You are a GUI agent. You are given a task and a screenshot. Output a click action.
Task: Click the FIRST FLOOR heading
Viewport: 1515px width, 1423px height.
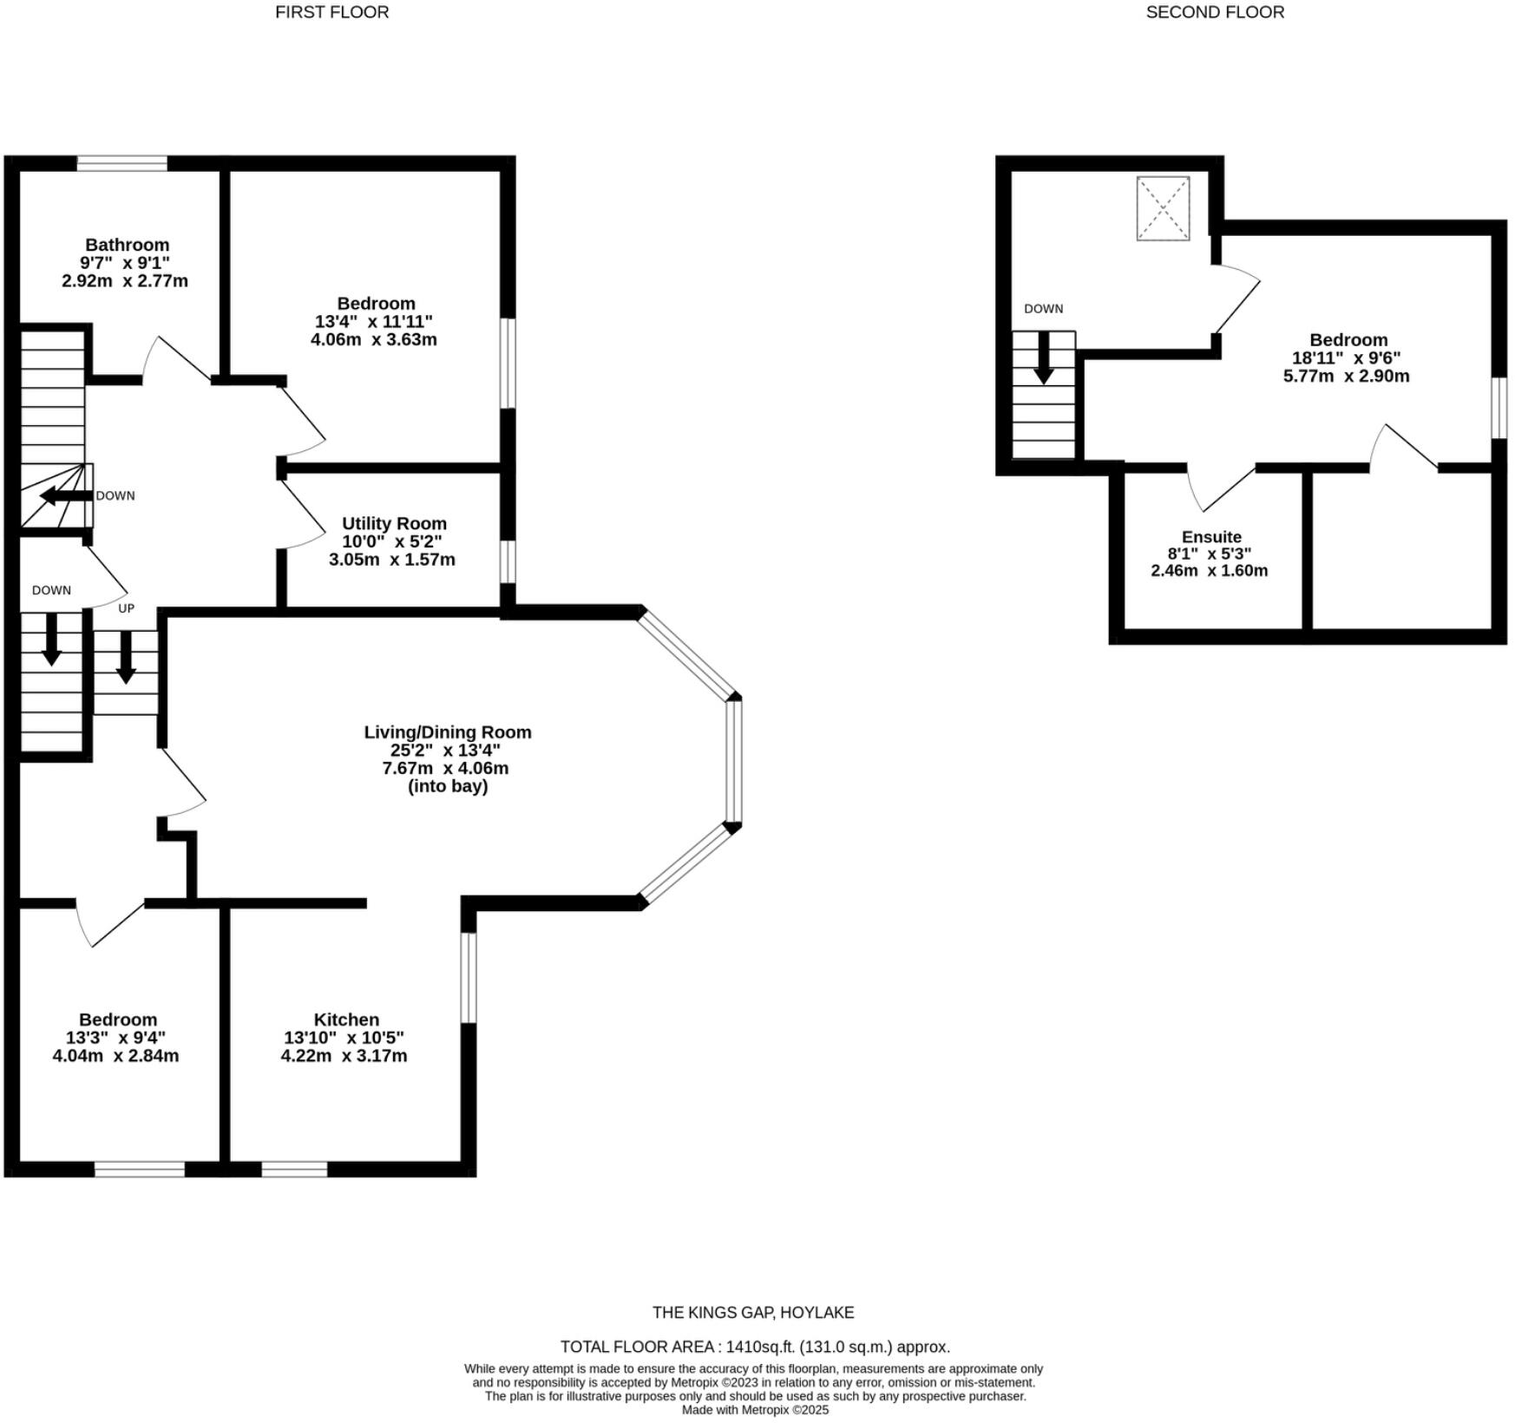click(331, 12)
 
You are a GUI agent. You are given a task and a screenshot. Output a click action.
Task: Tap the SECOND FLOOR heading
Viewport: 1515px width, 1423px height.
click(1214, 12)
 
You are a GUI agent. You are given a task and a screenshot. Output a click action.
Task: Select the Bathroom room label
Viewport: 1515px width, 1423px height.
click(127, 245)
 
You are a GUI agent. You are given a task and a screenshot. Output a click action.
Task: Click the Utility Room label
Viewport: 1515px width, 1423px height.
click(394, 523)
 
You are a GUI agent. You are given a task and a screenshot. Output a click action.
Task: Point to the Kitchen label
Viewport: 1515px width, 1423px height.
click(346, 1020)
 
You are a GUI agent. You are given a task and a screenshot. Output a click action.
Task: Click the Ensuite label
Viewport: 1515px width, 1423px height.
click(1210, 536)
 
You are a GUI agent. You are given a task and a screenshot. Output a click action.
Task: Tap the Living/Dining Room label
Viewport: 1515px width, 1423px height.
click(447, 731)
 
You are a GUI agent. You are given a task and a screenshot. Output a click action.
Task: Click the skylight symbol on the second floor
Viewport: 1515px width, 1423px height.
click(1163, 208)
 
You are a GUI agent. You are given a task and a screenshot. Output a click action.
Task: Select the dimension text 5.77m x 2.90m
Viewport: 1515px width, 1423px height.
click(1346, 376)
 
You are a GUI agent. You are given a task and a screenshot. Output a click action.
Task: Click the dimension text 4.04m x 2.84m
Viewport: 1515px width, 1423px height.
click(115, 1056)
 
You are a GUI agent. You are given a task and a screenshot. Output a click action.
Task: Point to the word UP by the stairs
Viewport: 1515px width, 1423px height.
click(127, 608)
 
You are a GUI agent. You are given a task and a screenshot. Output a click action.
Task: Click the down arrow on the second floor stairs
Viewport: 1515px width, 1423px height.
click(1043, 358)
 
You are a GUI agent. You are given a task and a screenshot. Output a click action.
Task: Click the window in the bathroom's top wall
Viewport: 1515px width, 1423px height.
click(122, 163)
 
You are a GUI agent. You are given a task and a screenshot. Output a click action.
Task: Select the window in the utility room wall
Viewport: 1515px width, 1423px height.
click(508, 561)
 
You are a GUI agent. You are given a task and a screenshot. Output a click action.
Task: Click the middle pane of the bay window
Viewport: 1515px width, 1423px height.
click(733, 761)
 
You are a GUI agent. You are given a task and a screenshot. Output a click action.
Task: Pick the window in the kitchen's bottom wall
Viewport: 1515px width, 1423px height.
click(294, 1170)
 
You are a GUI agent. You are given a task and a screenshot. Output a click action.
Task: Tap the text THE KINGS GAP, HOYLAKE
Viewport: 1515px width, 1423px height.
click(753, 1313)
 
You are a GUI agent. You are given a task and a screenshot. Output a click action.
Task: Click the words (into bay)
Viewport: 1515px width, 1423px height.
click(447, 786)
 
